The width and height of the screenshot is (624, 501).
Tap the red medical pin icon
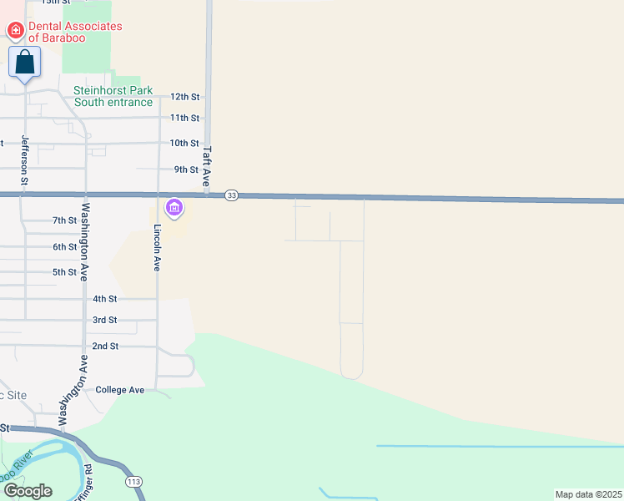point(15,31)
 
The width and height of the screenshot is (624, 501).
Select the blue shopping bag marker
point(25,63)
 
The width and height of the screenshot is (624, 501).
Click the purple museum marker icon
point(174,207)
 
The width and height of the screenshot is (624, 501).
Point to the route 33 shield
point(231,195)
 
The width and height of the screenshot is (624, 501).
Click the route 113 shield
point(133,483)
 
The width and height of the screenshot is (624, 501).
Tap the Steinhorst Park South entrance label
point(113,96)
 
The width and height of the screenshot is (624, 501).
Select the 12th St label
point(184,97)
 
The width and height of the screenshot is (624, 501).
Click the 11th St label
point(184,118)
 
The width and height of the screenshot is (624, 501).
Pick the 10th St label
point(184,143)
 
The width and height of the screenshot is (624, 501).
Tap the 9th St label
point(186,170)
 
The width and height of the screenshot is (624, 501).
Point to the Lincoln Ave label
point(157,247)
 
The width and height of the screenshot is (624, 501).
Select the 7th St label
point(64,220)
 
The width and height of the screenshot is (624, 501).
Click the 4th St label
point(104,298)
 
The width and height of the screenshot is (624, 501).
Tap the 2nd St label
point(105,346)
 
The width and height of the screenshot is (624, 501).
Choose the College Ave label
point(120,390)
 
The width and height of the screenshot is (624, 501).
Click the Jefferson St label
point(25,159)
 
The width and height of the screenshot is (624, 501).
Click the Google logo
point(28,490)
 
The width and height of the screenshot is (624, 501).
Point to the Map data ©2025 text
point(587,494)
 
